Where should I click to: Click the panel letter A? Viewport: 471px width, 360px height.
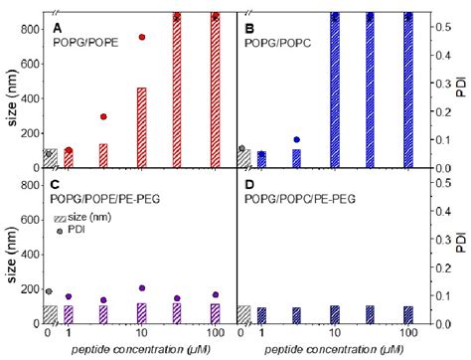(57, 32)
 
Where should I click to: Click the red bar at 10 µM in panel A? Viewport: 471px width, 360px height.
(142, 127)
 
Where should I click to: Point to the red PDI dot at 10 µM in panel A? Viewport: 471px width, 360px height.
(142, 37)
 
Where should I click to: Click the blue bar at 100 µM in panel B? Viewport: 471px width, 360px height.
(406, 90)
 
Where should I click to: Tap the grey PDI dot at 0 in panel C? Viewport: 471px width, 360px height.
(50, 291)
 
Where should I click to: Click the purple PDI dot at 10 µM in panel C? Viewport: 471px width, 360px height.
(142, 288)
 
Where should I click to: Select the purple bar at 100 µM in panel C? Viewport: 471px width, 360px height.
(215, 313)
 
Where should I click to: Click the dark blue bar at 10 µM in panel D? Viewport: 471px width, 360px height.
(335, 314)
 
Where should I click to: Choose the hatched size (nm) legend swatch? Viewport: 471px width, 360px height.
(63, 217)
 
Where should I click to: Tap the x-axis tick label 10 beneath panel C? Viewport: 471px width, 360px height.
(142, 334)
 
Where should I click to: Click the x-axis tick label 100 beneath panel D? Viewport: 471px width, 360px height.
(406, 334)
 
